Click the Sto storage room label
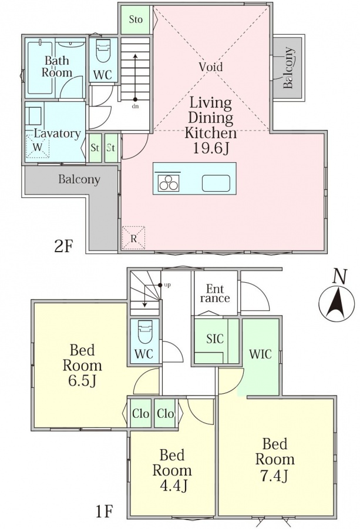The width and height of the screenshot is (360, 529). click(x=136, y=19)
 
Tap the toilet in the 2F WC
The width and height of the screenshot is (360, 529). click(x=103, y=51)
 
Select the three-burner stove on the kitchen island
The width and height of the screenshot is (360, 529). click(x=168, y=183)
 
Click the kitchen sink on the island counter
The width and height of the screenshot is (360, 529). click(x=216, y=183)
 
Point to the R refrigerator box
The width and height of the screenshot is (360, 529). click(x=133, y=238)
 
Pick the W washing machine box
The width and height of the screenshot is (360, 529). click(x=38, y=147)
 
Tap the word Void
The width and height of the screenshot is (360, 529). click(x=211, y=66)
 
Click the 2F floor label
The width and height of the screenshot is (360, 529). click(x=63, y=246)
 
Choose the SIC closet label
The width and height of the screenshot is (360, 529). click(x=215, y=339)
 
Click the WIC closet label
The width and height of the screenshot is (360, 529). click(x=260, y=354)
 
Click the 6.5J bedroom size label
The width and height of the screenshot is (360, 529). click(x=82, y=380)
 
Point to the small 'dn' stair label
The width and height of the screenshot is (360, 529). click(x=136, y=106)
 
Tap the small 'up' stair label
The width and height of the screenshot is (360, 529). click(x=167, y=286)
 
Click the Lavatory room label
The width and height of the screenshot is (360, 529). click(x=56, y=133)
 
